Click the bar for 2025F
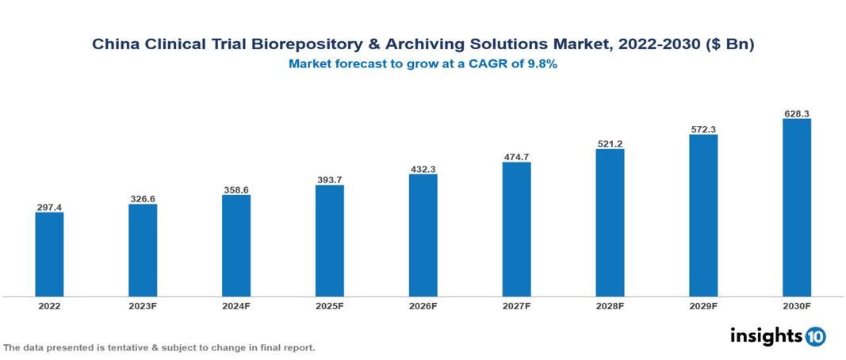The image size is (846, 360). (x=329, y=241)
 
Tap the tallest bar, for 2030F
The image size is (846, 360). (x=796, y=208)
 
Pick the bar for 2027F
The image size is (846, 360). (x=516, y=229)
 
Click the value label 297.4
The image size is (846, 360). (x=49, y=207)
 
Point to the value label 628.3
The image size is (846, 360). (x=796, y=113)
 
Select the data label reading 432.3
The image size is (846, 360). (x=423, y=169)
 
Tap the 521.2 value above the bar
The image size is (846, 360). (x=610, y=144)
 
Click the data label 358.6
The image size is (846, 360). (x=236, y=190)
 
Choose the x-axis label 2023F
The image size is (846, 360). (x=143, y=305)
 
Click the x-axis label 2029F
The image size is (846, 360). (x=703, y=305)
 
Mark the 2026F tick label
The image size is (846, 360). (x=423, y=305)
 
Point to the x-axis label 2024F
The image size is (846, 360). (x=236, y=305)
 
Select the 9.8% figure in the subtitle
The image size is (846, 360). (x=542, y=64)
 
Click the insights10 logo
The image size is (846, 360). (x=778, y=336)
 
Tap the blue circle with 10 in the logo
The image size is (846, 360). (x=815, y=337)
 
